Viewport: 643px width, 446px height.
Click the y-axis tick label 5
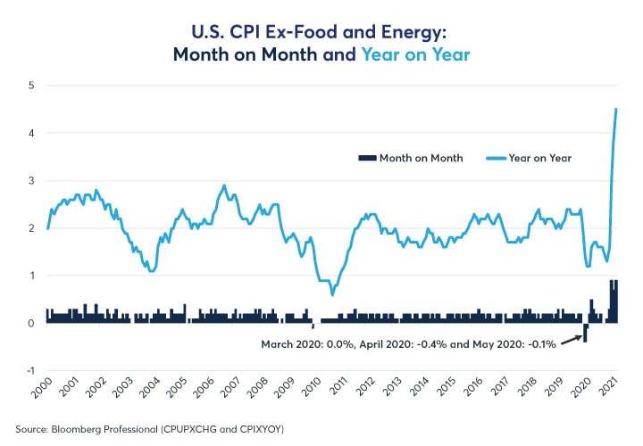click(x=29, y=86)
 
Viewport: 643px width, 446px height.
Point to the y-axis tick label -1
click(x=28, y=370)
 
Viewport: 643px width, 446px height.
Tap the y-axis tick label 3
click(x=29, y=181)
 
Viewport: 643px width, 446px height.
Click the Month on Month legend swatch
click(x=365, y=158)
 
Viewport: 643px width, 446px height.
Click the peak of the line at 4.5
click(x=616, y=109)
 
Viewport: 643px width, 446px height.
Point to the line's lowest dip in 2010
click(x=332, y=294)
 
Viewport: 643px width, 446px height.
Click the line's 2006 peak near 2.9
click(x=224, y=186)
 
